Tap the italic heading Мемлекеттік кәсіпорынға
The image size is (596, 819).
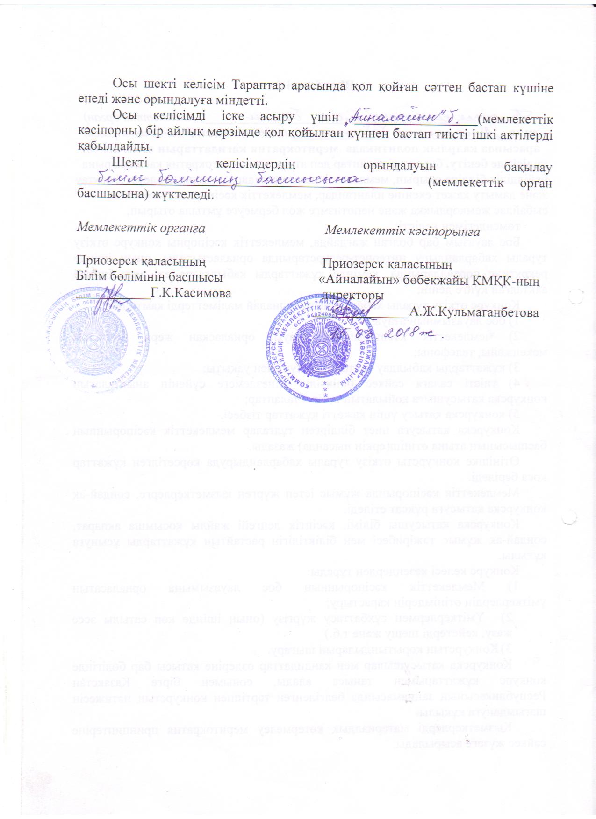[402, 231]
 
